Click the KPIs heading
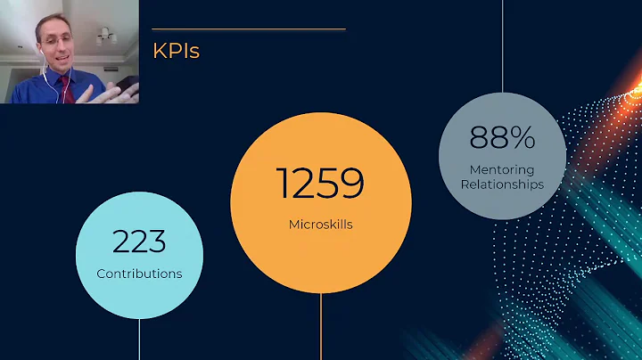pos(177,51)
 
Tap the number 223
pos(139,241)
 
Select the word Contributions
pos(139,273)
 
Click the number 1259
pos(320,184)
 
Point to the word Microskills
pos(320,224)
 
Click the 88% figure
pos(502,137)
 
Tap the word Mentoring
pos(502,169)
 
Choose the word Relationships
pos(502,184)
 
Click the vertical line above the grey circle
pos(502,45)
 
